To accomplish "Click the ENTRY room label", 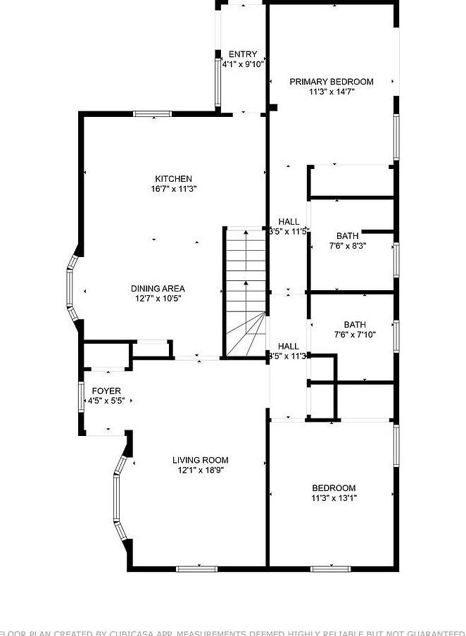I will (x=243, y=54).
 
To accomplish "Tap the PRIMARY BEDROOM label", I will (x=332, y=82).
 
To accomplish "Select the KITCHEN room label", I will (x=174, y=179).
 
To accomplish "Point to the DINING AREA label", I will (x=158, y=289).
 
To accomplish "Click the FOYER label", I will (x=106, y=391).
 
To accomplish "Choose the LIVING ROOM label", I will (x=201, y=461).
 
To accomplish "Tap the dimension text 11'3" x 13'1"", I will (x=334, y=498).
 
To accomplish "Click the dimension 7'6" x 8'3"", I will (x=348, y=246).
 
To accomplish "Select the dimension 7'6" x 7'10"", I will (x=355, y=335).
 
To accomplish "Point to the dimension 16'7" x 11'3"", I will (x=174, y=189).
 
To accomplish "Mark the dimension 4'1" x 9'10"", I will (x=243, y=64).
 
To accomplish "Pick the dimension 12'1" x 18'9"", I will (x=201, y=470).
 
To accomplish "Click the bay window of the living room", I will (x=119, y=497).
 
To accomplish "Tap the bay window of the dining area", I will (x=71, y=288).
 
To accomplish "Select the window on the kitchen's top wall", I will (x=154, y=113).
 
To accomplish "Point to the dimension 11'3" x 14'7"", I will (x=332, y=92).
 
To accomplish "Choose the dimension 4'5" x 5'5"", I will (x=106, y=401).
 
